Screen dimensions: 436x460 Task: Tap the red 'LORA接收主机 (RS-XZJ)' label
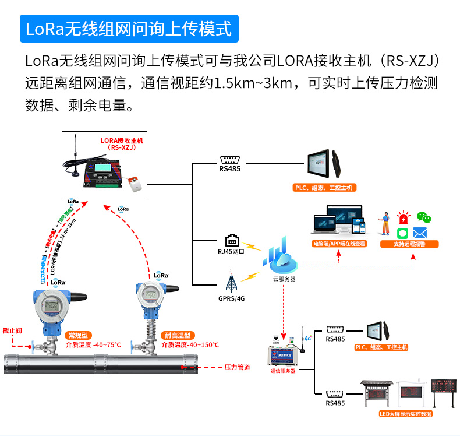pyautogui.click(x=121, y=144)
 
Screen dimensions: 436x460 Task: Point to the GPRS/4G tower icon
pyautogui.click(x=232, y=283)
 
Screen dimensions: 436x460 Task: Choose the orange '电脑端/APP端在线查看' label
pyautogui.click(x=339, y=244)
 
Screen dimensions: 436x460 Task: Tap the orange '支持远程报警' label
pyautogui.click(x=409, y=244)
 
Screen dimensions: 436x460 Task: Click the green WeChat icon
pyautogui.click(x=426, y=218)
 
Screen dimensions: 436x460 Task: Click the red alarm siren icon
pyautogui.click(x=403, y=218)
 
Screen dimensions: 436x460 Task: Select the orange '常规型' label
pyautogui.click(x=77, y=336)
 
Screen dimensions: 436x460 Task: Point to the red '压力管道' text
pyautogui.click(x=237, y=368)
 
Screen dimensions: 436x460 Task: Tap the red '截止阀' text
pyautogui.click(x=12, y=330)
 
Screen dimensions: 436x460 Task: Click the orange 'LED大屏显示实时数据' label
pyautogui.click(x=405, y=414)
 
